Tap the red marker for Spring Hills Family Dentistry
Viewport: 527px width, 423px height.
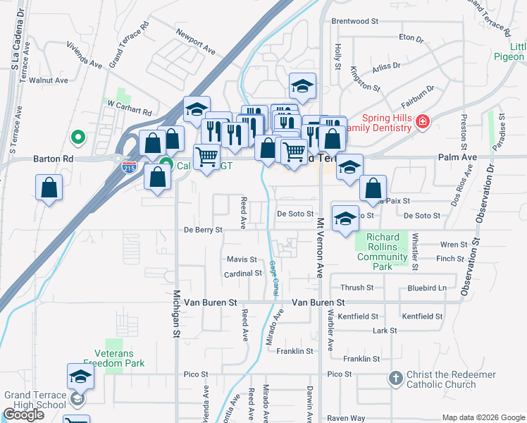click(x=422, y=122)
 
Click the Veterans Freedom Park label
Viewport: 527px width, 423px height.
click(x=114, y=358)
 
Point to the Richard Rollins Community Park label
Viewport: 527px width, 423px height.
click(x=383, y=247)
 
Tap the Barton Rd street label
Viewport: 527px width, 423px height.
click(x=53, y=159)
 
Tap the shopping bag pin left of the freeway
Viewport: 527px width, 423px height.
click(x=49, y=188)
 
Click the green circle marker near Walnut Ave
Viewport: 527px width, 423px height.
click(x=79, y=137)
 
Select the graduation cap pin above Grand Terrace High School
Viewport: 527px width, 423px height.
click(x=80, y=377)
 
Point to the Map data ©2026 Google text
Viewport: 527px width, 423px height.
click(x=483, y=417)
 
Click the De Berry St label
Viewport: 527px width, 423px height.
click(x=203, y=230)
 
